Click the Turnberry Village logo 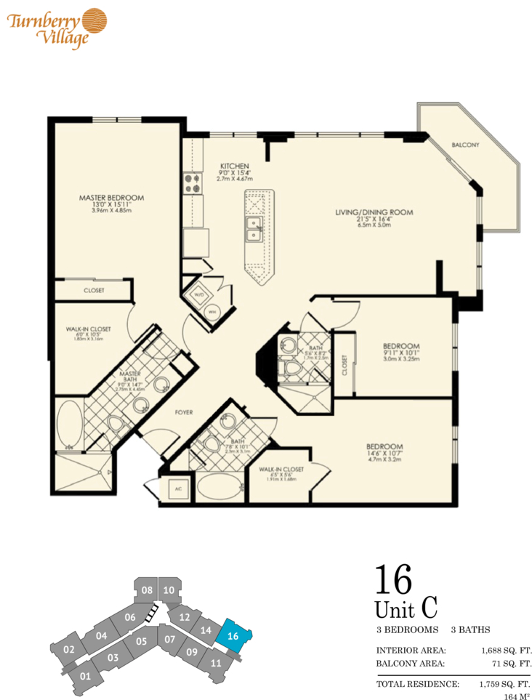point(56,27)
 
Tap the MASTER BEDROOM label point(111,197)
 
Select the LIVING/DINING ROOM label point(374,212)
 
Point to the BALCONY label point(465,145)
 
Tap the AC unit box point(177,489)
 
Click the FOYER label point(184,412)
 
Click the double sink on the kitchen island point(254,229)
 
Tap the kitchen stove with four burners point(193,182)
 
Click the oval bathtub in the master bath point(70,422)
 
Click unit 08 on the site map point(147,590)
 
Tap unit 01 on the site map point(85,677)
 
